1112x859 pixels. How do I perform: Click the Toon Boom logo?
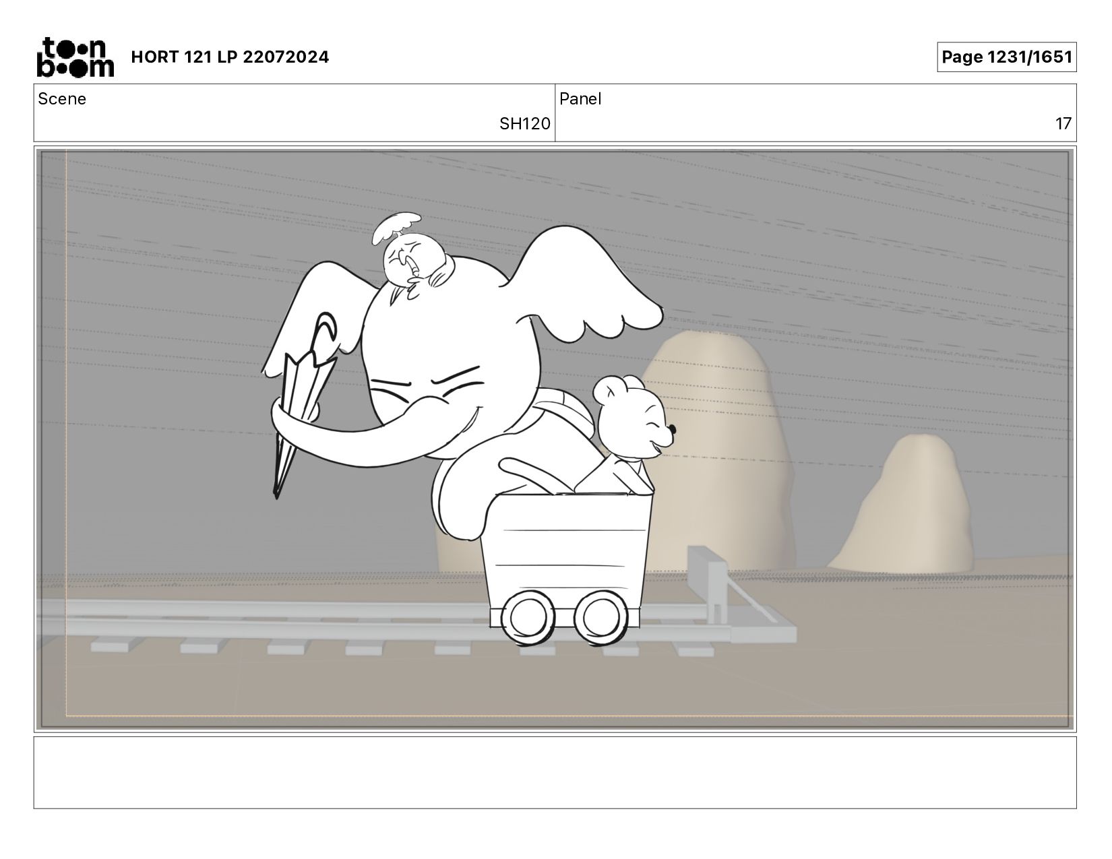point(75,57)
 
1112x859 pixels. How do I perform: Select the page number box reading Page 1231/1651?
point(1007,57)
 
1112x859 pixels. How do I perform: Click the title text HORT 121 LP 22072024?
point(230,57)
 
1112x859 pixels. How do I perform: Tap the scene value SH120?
point(524,124)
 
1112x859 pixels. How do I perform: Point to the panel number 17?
point(1063,124)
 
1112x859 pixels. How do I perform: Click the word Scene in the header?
point(62,99)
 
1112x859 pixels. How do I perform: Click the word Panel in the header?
point(580,99)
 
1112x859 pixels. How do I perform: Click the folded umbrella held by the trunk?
point(303,404)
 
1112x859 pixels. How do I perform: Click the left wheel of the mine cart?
point(528,617)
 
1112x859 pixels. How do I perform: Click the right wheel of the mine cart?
point(600,617)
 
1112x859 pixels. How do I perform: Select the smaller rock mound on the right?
point(903,507)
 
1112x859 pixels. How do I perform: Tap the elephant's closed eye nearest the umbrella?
point(390,383)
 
